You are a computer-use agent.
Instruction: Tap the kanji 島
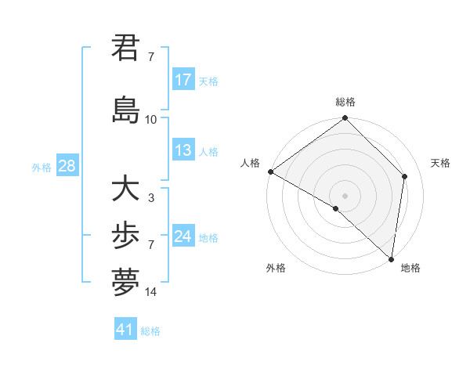tap(125, 110)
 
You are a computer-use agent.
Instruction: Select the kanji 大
tap(125, 189)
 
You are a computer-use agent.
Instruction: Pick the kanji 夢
tap(125, 282)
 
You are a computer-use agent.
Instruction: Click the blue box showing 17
tap(183, 80)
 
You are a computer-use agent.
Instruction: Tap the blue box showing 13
tap(183, 150)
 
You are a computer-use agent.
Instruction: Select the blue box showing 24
tap(183, 236)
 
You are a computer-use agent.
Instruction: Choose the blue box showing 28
tap(67, 166)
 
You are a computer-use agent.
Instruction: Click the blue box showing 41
tap(125, 330)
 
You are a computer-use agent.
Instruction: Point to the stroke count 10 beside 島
tap(150, 120)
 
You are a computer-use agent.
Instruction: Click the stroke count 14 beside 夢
tap(150, 292)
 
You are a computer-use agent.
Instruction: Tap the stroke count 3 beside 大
tap(150, 198)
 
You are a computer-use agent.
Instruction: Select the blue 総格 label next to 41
tap(151, 331)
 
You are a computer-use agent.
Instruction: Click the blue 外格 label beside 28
tap(42, 168)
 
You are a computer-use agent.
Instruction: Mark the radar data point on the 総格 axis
tap(345, 118)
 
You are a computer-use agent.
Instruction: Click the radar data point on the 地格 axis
tap(391, 258)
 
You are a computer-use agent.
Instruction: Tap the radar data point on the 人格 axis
tap(270, 171)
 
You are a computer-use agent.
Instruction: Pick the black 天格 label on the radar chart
tap(440, 163)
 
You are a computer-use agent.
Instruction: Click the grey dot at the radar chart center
tap(345, 195)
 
